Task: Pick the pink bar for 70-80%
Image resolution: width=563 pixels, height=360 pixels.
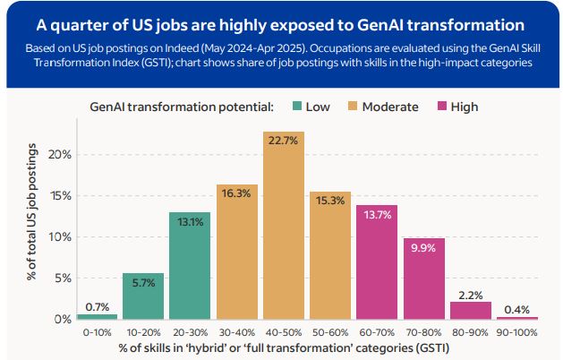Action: tap(424, 279)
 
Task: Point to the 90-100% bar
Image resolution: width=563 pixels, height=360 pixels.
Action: tap(517, 318)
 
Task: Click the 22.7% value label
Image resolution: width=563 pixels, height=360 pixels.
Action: tap(284, 139)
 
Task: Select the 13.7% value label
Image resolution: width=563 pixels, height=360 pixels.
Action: tap(377, 213)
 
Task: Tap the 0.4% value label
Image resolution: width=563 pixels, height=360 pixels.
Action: tap(517, 309)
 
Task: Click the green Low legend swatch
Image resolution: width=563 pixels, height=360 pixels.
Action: tap(296, 107)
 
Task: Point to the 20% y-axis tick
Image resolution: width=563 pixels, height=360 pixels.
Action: tap(58, 154)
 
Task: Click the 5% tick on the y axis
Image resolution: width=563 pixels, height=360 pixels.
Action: tap(62, 278)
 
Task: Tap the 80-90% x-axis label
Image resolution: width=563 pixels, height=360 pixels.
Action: tap(471, 331)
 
